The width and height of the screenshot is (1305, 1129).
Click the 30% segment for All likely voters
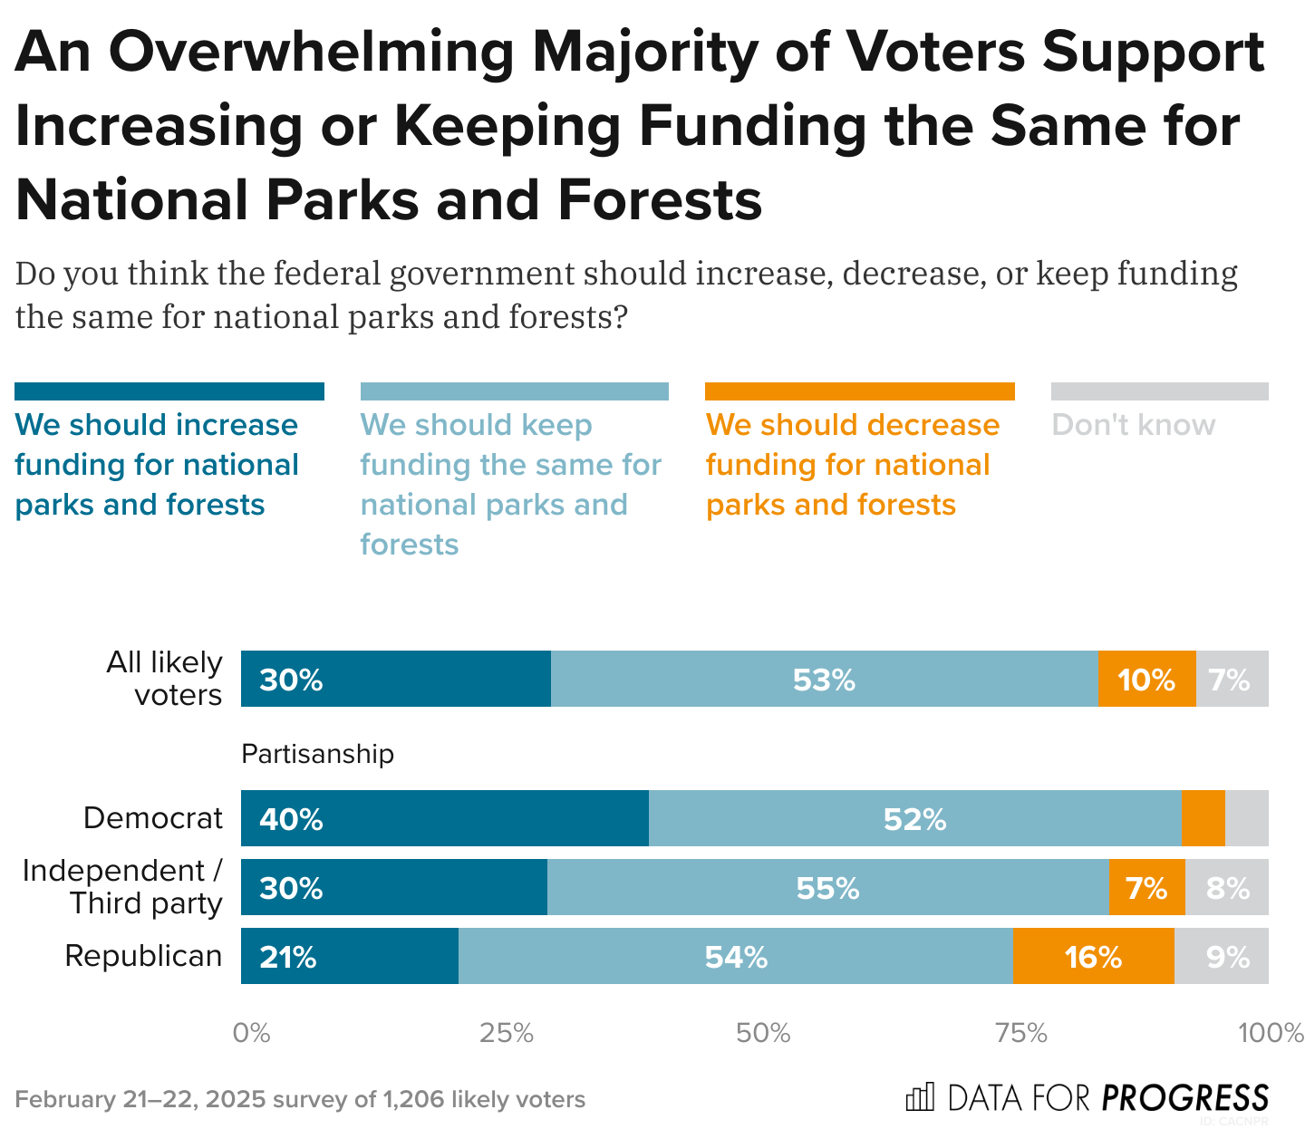click(396, 679)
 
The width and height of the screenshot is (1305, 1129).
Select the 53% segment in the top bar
click(824, 679)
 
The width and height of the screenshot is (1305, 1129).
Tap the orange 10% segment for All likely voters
click(1146, 679)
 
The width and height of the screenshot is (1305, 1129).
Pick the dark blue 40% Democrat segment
click(444, 818)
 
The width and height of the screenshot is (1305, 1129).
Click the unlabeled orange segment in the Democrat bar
click(1203, 818)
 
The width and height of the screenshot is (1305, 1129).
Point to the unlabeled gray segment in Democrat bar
click(1247, 818)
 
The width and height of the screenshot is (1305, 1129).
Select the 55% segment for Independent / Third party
click(827, 887)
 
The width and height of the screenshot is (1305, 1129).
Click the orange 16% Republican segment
click(1093, 956)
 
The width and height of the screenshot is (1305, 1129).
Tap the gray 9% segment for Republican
click(1222, 956)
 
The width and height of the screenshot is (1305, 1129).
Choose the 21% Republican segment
click(350, 956)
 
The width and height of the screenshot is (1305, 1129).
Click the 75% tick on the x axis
click(1021, 1033)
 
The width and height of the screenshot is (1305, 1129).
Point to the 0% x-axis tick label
click(252, 1033)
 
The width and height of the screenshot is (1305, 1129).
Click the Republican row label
click(143, 956)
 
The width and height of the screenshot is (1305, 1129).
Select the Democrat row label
click(152, 818)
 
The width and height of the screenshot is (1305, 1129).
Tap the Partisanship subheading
click(317, 754)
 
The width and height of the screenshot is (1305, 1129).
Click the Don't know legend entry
click(1133, 425)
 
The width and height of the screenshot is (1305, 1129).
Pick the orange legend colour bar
click(859, 391)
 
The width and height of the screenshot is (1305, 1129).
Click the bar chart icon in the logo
click(920, 1097)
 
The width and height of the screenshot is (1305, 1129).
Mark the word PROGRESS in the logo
click(1184, 1098)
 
